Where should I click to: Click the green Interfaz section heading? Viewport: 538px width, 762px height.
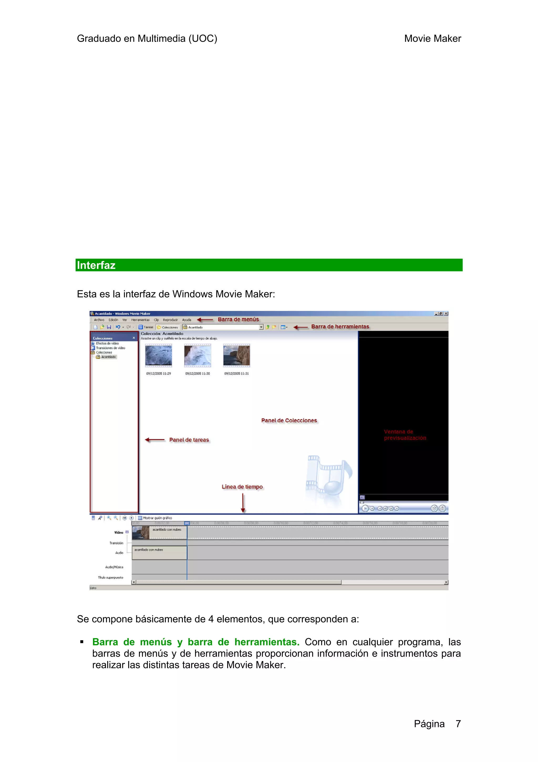pos(96,265)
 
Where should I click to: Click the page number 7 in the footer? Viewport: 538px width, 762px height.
pos(458,724)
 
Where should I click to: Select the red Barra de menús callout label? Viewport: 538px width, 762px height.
pos(238,319)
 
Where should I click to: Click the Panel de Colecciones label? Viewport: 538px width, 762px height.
pos(289,421)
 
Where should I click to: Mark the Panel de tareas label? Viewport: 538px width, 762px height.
pos(189,440)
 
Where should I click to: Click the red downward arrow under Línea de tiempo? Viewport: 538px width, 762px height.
pos(243,503)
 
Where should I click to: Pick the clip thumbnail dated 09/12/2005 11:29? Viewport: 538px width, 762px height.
pos(158,355)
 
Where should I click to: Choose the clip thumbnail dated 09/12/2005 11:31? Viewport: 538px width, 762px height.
pos(236,355)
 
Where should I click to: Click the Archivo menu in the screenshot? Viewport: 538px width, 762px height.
pos(99,320)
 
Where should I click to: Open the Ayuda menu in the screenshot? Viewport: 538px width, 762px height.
pos(187,320)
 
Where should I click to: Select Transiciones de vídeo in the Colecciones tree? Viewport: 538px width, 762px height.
pos(110,348)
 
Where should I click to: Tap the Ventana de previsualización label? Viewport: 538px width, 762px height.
pos(405,435)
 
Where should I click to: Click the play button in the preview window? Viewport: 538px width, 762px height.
pos(365,508)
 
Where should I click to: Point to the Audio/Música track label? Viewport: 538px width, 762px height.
pos(114,567)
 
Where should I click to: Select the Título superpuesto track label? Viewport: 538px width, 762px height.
pos(110,577)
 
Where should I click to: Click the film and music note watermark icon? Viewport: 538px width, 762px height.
pos(328,476)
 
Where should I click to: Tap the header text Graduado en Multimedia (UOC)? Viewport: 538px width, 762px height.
pos(147,38)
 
